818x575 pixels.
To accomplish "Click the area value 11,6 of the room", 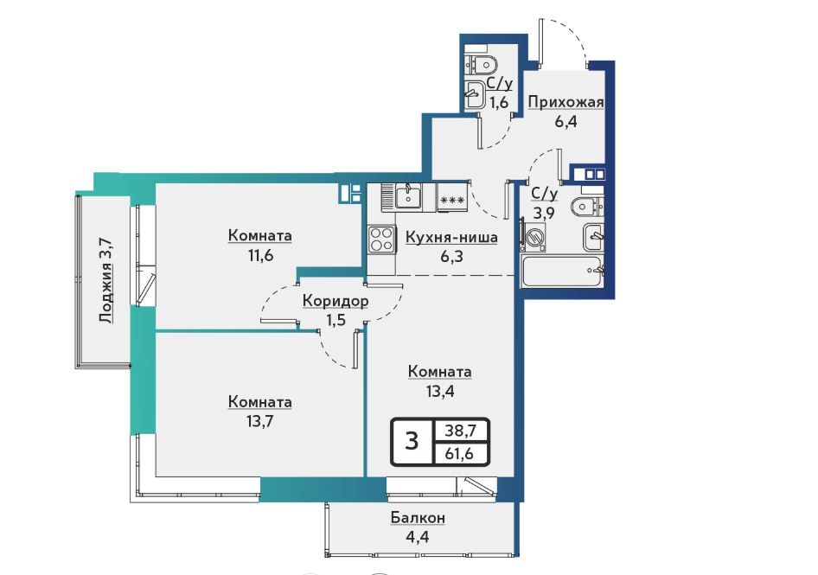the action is point(260,256).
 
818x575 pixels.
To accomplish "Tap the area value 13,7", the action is point(259,420).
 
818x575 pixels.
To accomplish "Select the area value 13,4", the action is point(440,391).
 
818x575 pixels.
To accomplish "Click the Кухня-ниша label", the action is point(451,238).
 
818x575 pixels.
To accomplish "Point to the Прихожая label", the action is point(566,102).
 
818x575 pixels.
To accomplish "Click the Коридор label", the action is point(336,301).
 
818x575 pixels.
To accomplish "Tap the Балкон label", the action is point(418,518).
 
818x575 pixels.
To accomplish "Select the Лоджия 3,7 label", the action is point(105,280).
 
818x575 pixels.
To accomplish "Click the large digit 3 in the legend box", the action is point(412,442).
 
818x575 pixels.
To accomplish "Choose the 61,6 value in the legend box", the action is point(459,454).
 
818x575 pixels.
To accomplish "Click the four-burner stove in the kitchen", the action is point(381,240).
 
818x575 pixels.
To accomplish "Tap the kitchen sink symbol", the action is point(408,196).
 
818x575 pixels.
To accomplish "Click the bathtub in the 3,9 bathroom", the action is point(562,271).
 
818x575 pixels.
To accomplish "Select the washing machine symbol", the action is point(534,236).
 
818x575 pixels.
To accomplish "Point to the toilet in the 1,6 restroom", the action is point(481,65).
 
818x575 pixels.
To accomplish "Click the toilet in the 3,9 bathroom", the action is point(587,208).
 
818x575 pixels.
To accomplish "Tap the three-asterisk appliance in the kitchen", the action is point(452,199).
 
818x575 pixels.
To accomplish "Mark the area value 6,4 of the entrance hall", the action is point(566,122).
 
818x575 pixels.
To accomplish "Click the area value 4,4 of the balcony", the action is point(418,536).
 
